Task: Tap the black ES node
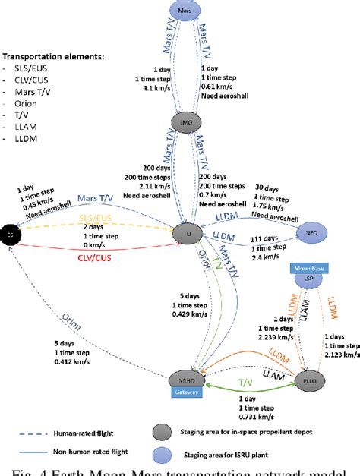click(x=10, y=234)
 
